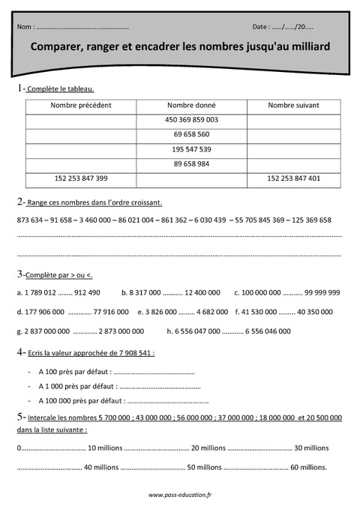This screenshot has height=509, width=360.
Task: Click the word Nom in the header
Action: (24, 26)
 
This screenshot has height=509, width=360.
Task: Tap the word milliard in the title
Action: (304, 46)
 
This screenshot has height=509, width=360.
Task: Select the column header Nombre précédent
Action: (81, 105)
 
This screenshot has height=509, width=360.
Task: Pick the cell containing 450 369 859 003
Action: (191, 120)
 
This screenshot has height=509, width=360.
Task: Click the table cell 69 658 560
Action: (191, 134)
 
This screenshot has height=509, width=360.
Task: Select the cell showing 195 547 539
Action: (191, 149)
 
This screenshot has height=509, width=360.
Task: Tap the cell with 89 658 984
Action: (191, 163)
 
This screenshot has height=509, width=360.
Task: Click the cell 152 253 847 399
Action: (81, 178)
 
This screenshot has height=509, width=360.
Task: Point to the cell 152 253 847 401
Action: (293, 178)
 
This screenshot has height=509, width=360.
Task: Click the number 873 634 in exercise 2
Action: (29, 220)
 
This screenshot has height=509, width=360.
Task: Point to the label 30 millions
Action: (311, 448)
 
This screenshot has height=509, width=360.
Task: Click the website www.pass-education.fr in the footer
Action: (180, 495)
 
